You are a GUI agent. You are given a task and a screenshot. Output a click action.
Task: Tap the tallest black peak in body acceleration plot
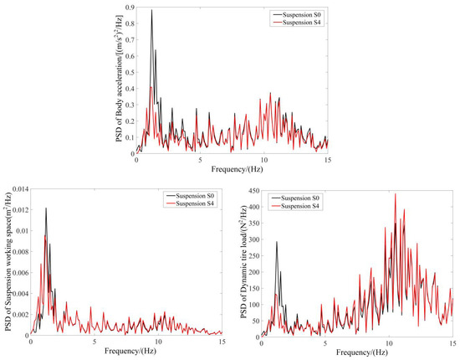click(x=151, y=11)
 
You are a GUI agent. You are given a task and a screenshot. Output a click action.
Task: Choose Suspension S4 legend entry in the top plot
click(x=291, y=23)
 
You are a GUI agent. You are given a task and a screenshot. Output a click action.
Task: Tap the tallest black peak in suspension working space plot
click(x=46, y=208)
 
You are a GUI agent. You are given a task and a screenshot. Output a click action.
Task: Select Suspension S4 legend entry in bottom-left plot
click(x=188, y=204)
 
